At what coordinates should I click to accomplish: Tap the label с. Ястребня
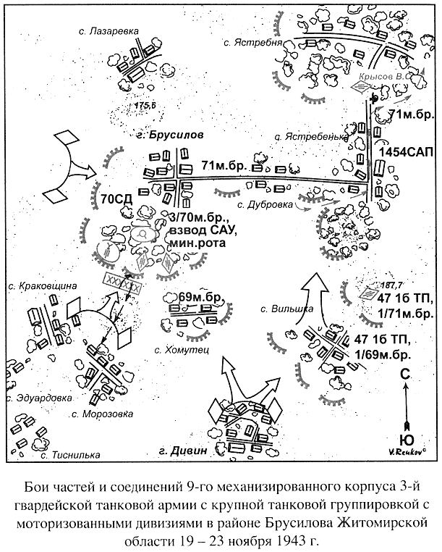tap(252, 43)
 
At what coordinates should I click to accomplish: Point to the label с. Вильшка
tap(287, 309)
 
